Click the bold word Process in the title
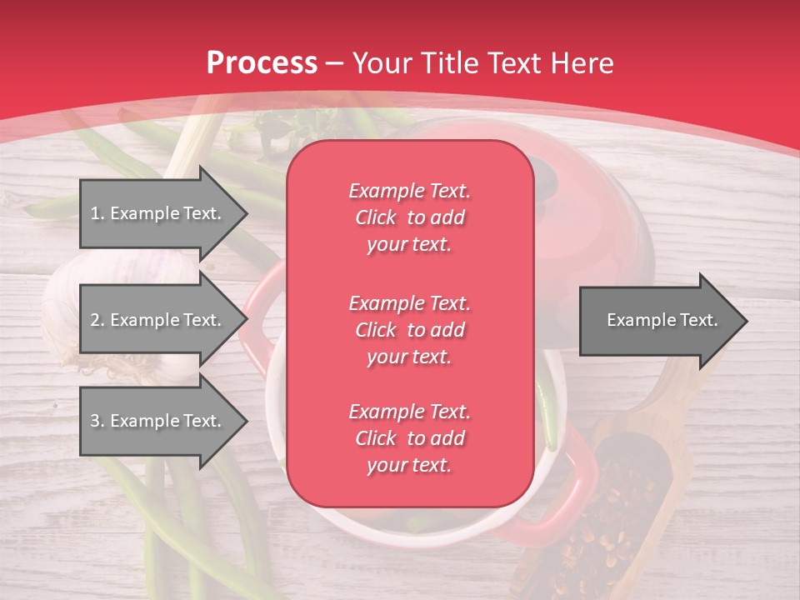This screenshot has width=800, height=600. point(262,63)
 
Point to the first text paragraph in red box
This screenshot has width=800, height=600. point(409,217)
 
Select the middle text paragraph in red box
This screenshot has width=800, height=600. point(409,329)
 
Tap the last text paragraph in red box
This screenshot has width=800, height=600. point(409,438)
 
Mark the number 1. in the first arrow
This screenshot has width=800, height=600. point(97,213)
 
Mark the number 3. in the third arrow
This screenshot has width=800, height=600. point(97,421)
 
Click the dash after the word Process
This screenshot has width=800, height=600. point(335,63)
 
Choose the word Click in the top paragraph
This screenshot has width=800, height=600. point(376,217)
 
